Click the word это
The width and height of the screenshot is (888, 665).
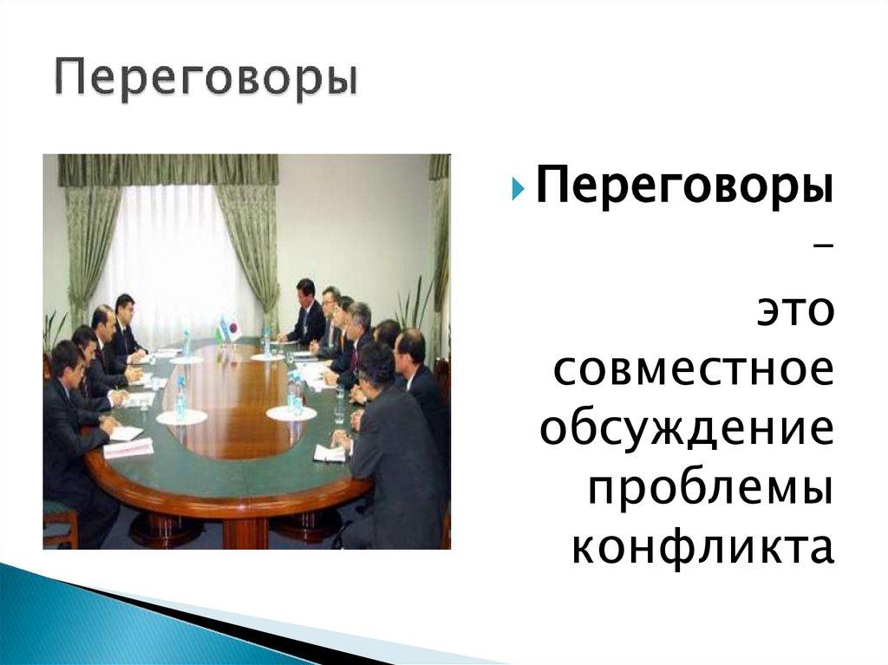(796, 311)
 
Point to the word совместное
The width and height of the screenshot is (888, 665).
(693, 370)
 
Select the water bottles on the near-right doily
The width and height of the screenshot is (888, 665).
(293, 394)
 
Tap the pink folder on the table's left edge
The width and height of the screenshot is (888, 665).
(127, 448)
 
